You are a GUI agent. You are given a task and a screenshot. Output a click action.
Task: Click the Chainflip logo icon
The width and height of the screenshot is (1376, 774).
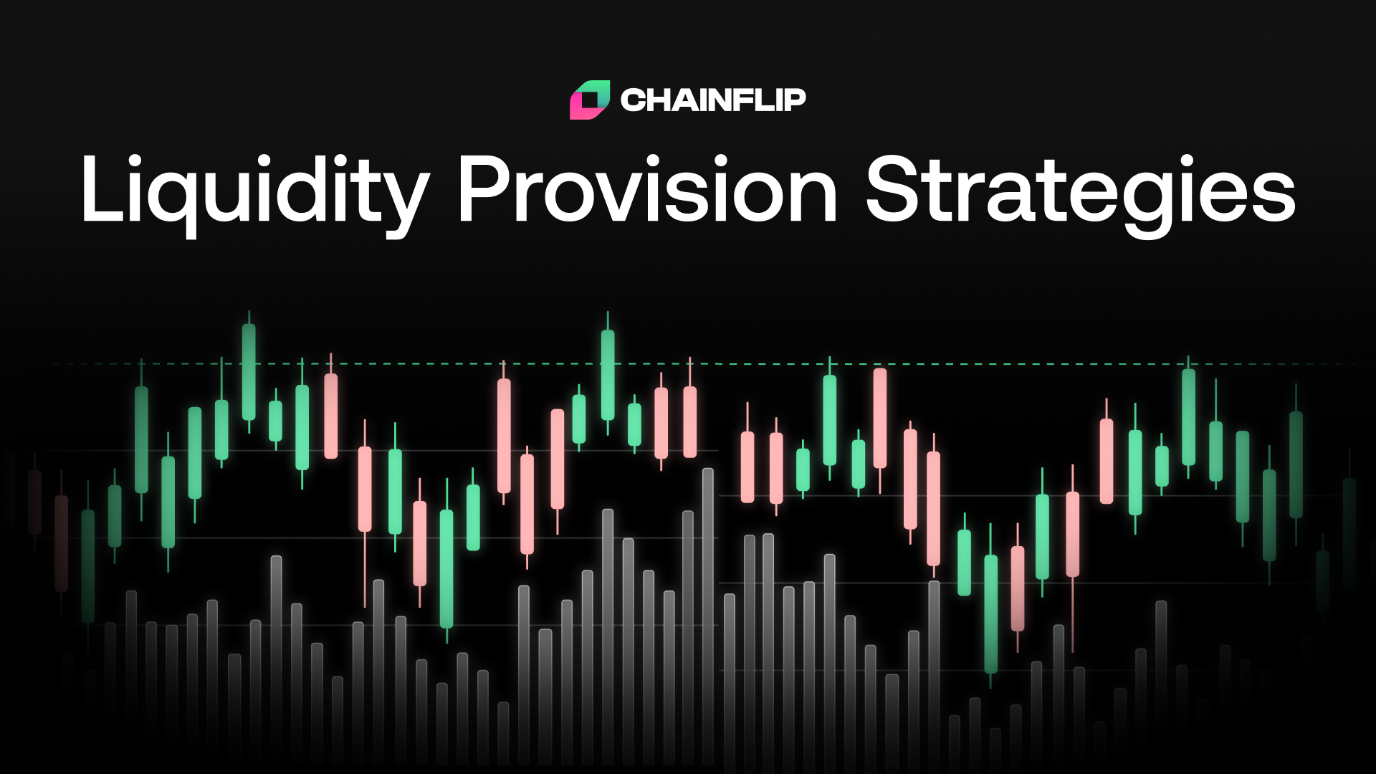tap(589, 100)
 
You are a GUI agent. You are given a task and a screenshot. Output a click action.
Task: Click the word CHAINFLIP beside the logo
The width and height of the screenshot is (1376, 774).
tap(712, 100)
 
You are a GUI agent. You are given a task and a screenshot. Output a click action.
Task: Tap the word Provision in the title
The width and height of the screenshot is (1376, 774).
tap(647, 191)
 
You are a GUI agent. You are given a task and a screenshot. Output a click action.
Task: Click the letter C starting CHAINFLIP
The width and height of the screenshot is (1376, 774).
tap(634, 100)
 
